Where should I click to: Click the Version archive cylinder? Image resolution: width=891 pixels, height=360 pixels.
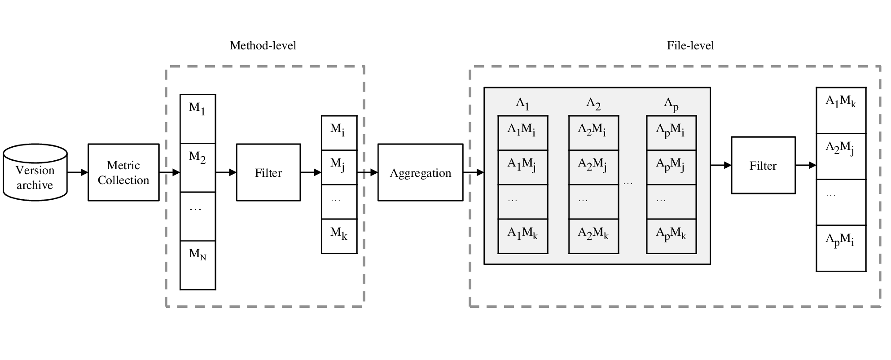[x=35, y=172]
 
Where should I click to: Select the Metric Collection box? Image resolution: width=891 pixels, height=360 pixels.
[x=123, y=172]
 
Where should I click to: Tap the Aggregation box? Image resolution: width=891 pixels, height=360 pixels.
[x=420, y=172]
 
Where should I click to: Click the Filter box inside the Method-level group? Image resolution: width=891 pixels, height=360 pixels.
[x=268, y=172]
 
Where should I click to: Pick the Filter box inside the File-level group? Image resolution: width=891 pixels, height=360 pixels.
[x=763, y=165]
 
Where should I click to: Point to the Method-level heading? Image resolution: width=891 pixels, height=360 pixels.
[x=263, y=45]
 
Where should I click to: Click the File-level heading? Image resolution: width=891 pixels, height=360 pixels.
[x=690, y=45]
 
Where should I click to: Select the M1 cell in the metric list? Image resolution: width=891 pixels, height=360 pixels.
[x=198, y=119]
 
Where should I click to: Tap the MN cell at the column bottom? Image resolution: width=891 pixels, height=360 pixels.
[x=198, y=265]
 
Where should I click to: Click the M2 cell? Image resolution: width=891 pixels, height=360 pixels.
[x=198, y=167]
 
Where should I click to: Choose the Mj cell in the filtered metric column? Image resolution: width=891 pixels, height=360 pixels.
[x=339, y=167]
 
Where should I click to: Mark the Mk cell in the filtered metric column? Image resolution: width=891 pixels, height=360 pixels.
[x=339, y=237]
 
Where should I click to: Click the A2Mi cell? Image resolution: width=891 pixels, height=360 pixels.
[x=594, y=133]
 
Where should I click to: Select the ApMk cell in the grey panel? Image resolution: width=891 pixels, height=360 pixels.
[x=672, y=237]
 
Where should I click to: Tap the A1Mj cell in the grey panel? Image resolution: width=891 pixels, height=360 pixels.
[x=523, y=167]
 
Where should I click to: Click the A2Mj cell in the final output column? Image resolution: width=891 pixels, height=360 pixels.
[x=841, y=156]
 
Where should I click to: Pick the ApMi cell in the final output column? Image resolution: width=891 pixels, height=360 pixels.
[x=841, y=248]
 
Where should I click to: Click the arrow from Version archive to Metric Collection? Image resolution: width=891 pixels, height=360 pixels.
[x=78, y=172]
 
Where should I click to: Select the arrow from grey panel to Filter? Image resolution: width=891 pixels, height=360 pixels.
[x=721, y=165]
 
